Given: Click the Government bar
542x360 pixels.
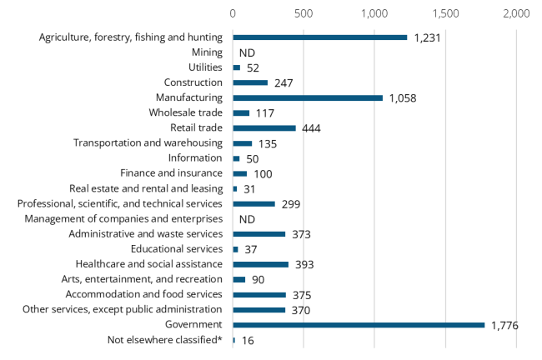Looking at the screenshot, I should click(x=359, y=325).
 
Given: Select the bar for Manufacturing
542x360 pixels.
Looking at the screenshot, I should click(x=308, y=97).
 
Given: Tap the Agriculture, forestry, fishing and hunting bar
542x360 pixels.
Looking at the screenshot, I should click(x=320, y=37).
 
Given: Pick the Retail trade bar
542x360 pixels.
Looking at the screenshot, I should click(x=264, y=128).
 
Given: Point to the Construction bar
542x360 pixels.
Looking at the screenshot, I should click(x=250, y=82).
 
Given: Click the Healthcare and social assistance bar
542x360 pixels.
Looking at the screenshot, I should click(x=261, y=264).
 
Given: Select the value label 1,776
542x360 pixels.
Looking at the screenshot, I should click(x=504, y=325).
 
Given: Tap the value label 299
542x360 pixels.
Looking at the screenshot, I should click(x=291, y=204).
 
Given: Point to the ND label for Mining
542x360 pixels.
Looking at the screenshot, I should click(x=246, y=52).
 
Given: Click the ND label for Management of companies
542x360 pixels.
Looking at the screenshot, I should click(x=246, y=219).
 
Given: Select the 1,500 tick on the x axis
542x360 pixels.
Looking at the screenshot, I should click(x=445, y=14).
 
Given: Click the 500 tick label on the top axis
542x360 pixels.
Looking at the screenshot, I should click(x=304, y=14).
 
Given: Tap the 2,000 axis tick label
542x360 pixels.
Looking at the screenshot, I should click(x=516, y=14).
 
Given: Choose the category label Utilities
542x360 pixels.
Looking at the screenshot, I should click(x=205, y=67).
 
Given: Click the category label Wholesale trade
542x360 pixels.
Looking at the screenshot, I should click(x=186, y=112).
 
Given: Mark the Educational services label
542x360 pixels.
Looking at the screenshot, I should click(x=177, y=249).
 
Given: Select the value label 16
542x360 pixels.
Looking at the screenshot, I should click(x=248, y=340).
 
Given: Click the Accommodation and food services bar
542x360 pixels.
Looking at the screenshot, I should click(x=259, y=294).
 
